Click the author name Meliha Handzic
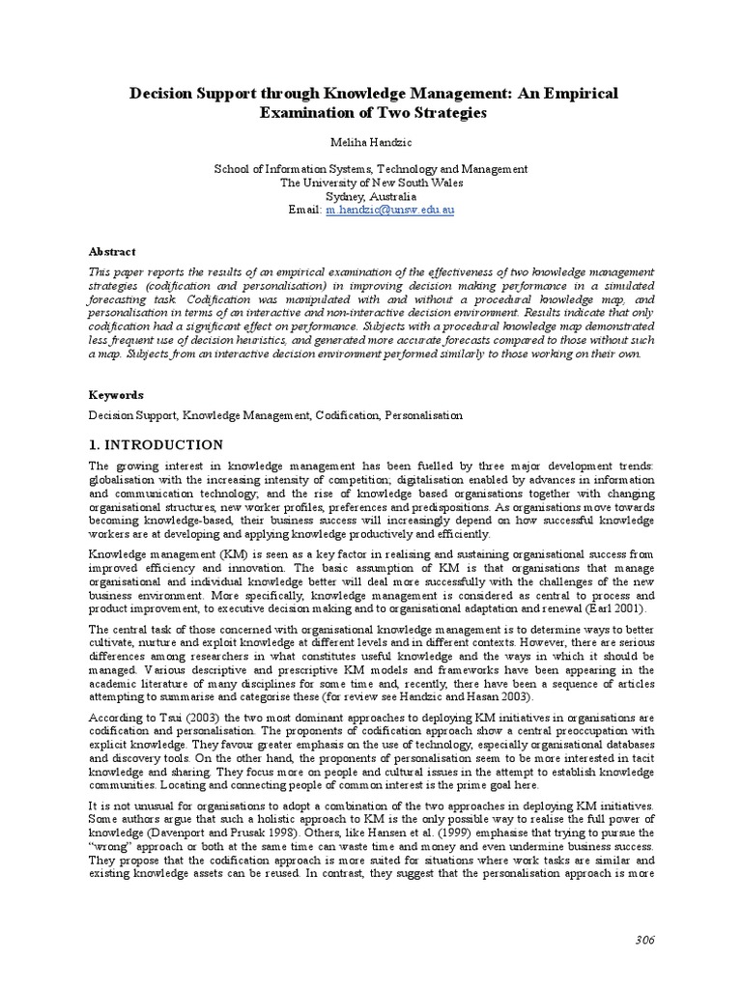(370, 142)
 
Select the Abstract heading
(108, 251)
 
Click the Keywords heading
(116, 395)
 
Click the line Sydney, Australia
(370, 196)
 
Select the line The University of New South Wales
(370, 183)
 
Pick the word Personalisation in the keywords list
(424, 415)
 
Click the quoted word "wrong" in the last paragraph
(112, 846)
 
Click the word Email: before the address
(304, 210)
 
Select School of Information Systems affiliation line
(370, 169)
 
